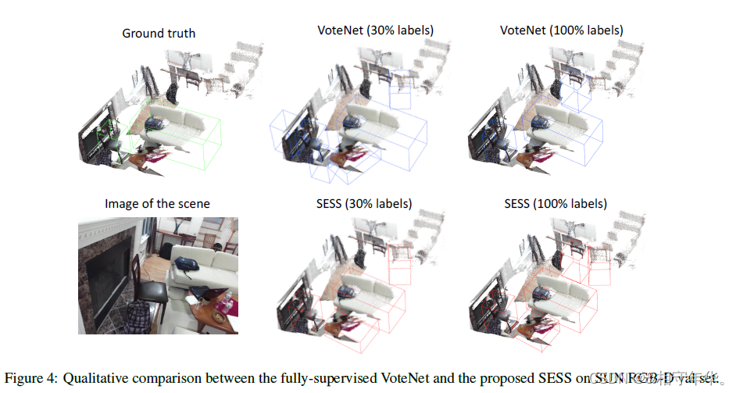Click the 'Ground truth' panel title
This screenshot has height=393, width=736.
[x=159, y=33]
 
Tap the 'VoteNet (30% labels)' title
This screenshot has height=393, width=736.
[x=375, y=30]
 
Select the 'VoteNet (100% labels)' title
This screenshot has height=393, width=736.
[x=561, y=30]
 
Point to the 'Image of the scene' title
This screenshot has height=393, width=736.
[x=157, y=204]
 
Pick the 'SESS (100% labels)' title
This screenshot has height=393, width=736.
[x=556, y=204]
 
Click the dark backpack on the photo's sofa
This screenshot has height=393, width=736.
[x=187, y=265]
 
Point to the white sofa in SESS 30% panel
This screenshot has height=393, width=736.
[x=375, y=294]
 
